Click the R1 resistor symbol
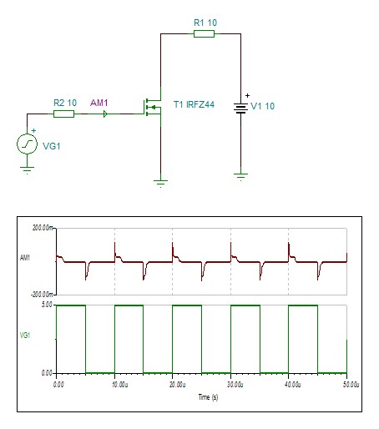(204, 34)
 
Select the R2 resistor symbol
(63, 114)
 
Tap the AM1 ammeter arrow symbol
(105, 114)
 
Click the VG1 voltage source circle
(27, 144)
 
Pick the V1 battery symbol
(240, 108)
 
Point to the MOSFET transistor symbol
(153, 107)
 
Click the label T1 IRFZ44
(194, 104)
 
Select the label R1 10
(205, 23)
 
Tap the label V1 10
(262, 106)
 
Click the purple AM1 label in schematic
(99, 103)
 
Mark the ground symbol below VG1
(27, 169)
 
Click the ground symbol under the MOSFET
(160, 184)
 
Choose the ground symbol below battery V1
(240, 177)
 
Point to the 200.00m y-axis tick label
(43, 228)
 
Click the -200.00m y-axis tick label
(42, 295)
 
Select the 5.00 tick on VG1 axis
(47, 305)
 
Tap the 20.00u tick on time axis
(178, 385)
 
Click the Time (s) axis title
(208, 397)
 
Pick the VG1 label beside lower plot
(25, 336)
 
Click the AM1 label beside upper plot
(25, 258)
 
